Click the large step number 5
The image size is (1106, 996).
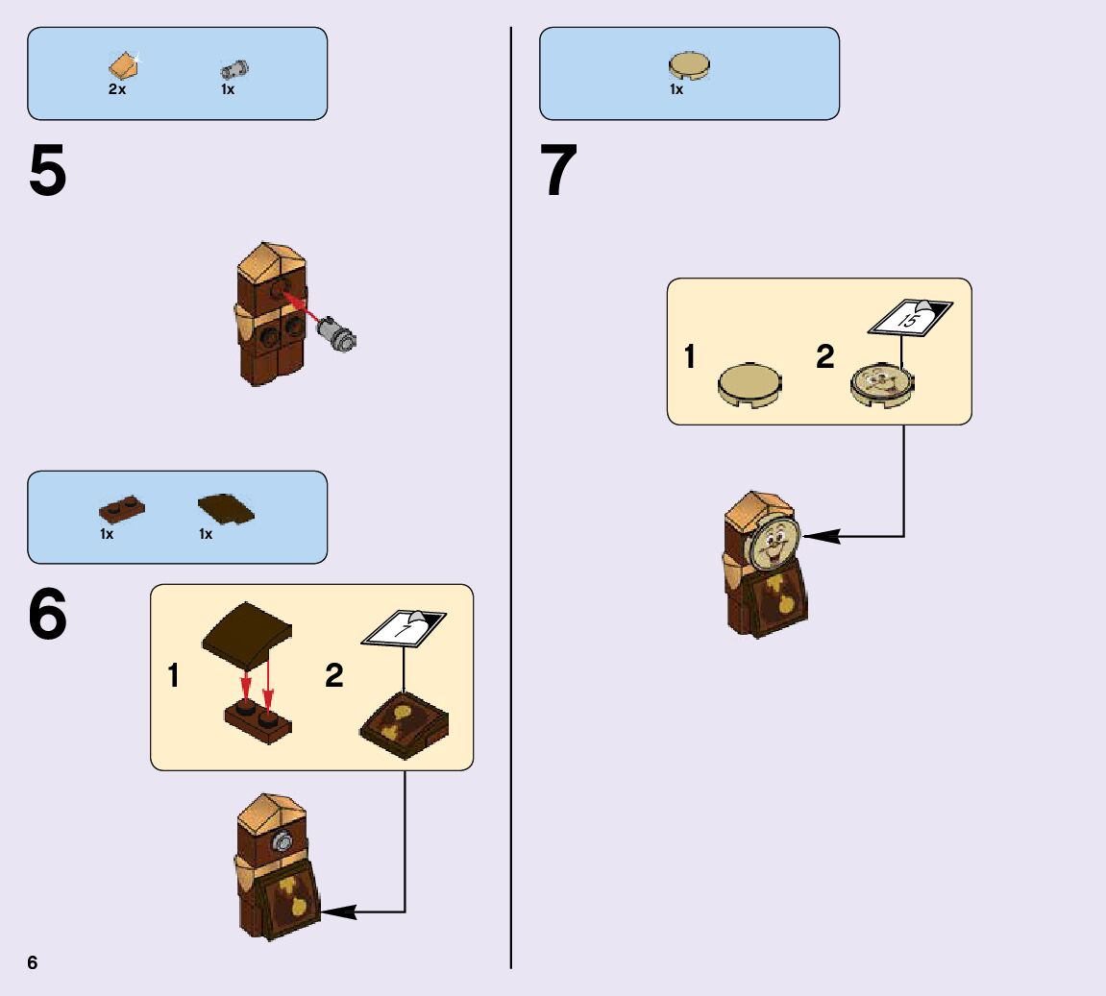tap(48, 173)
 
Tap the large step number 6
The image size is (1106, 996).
tap(48, 615)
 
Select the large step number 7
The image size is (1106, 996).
tap(559, 173)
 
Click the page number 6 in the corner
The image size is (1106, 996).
tap(33, 963)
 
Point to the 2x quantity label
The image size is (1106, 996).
tap(117, 89)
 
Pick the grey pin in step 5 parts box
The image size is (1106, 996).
tap(233, 69)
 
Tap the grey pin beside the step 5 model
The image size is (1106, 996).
tap(337, 333)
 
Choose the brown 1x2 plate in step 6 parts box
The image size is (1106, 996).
tap(122, 509)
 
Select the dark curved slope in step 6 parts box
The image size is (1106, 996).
tap(226, 509)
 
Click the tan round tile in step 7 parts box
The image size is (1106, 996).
tap(689, 66)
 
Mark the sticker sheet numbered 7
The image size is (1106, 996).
tap(404, 627)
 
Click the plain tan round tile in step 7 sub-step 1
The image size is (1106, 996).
tap(750, 383)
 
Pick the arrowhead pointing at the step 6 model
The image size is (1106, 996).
tap(338, 911)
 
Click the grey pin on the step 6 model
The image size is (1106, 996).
tap(283, 844)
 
